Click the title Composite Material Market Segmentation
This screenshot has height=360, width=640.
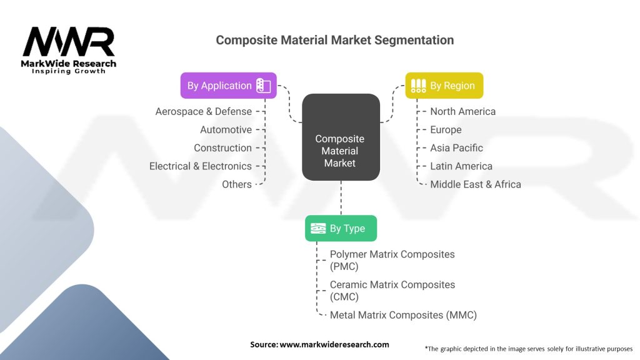tap(334, 40)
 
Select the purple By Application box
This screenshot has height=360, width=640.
tap(228, 86)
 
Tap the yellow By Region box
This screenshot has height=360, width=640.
tap(444, 86)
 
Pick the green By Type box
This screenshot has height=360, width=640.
tap(341, 228)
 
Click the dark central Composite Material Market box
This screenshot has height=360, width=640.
tap(341, 137)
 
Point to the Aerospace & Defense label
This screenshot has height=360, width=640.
tap(204, 111)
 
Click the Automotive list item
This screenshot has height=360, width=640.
tap(226, 129)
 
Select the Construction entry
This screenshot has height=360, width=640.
tap(222, 147)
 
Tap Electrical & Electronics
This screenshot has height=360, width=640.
tap(201, 166)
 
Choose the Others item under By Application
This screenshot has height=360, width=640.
tap(237, 184)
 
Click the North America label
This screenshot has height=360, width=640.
tap(462, 111)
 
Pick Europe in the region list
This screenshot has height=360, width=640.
tap(446, 129)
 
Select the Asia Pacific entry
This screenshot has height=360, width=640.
tap(456, 147)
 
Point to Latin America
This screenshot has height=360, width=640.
tap(461, 166)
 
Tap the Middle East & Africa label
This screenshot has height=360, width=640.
tap(475, 184)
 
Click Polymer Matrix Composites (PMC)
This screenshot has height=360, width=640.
tap(392, 260)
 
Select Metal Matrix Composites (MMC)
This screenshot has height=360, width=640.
tap(403, 315)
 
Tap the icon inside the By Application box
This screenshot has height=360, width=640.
tap(263, 86)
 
